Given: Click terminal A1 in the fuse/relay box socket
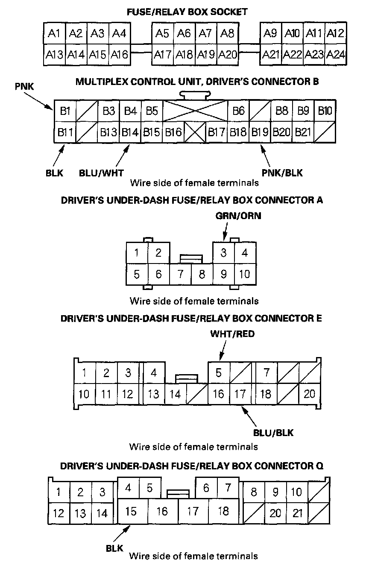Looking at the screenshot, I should coord(54,33).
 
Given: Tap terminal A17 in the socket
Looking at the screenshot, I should coord(162,55).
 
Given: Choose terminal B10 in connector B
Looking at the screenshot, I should coord(325,111).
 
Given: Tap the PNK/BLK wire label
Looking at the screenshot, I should coord(283,173).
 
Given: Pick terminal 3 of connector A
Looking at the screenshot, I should coord(223,253).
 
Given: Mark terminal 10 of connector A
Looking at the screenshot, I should coord(245,274).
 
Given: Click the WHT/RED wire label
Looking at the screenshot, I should coord(232,334).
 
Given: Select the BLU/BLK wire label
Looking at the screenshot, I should coord(274,433).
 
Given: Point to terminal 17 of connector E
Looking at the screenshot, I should coord(240,394).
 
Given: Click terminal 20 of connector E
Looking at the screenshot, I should coord(309,394).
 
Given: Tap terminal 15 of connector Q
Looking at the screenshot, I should coord(131,511).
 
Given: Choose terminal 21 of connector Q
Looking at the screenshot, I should coord(297,513).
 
